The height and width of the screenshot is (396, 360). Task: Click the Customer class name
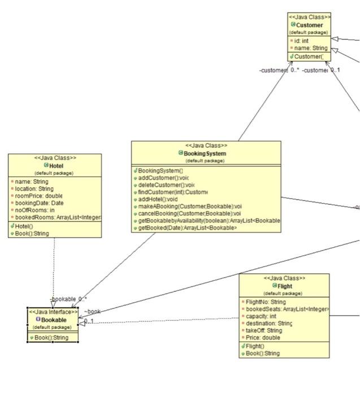tap(310, 25)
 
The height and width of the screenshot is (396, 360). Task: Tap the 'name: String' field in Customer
tap(309, 48)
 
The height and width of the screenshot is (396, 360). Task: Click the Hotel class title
tap(57, 166)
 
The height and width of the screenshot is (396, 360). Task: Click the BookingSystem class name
tap(205, 153)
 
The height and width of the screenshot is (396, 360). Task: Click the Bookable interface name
tap(55, 320)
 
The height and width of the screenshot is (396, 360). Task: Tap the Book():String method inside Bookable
tap(51, 338)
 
